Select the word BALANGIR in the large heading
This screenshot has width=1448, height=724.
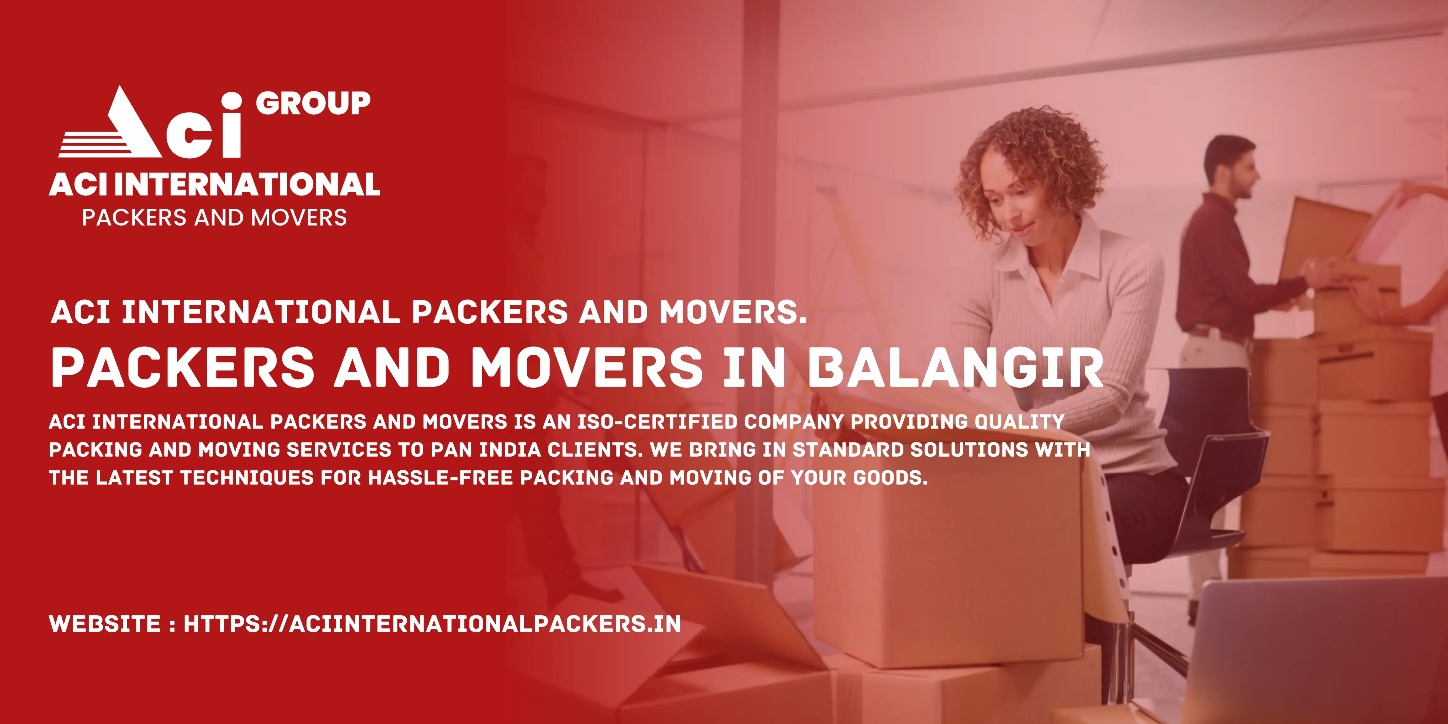click(956, 368)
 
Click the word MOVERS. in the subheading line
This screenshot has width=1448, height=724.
click(733, 313)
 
